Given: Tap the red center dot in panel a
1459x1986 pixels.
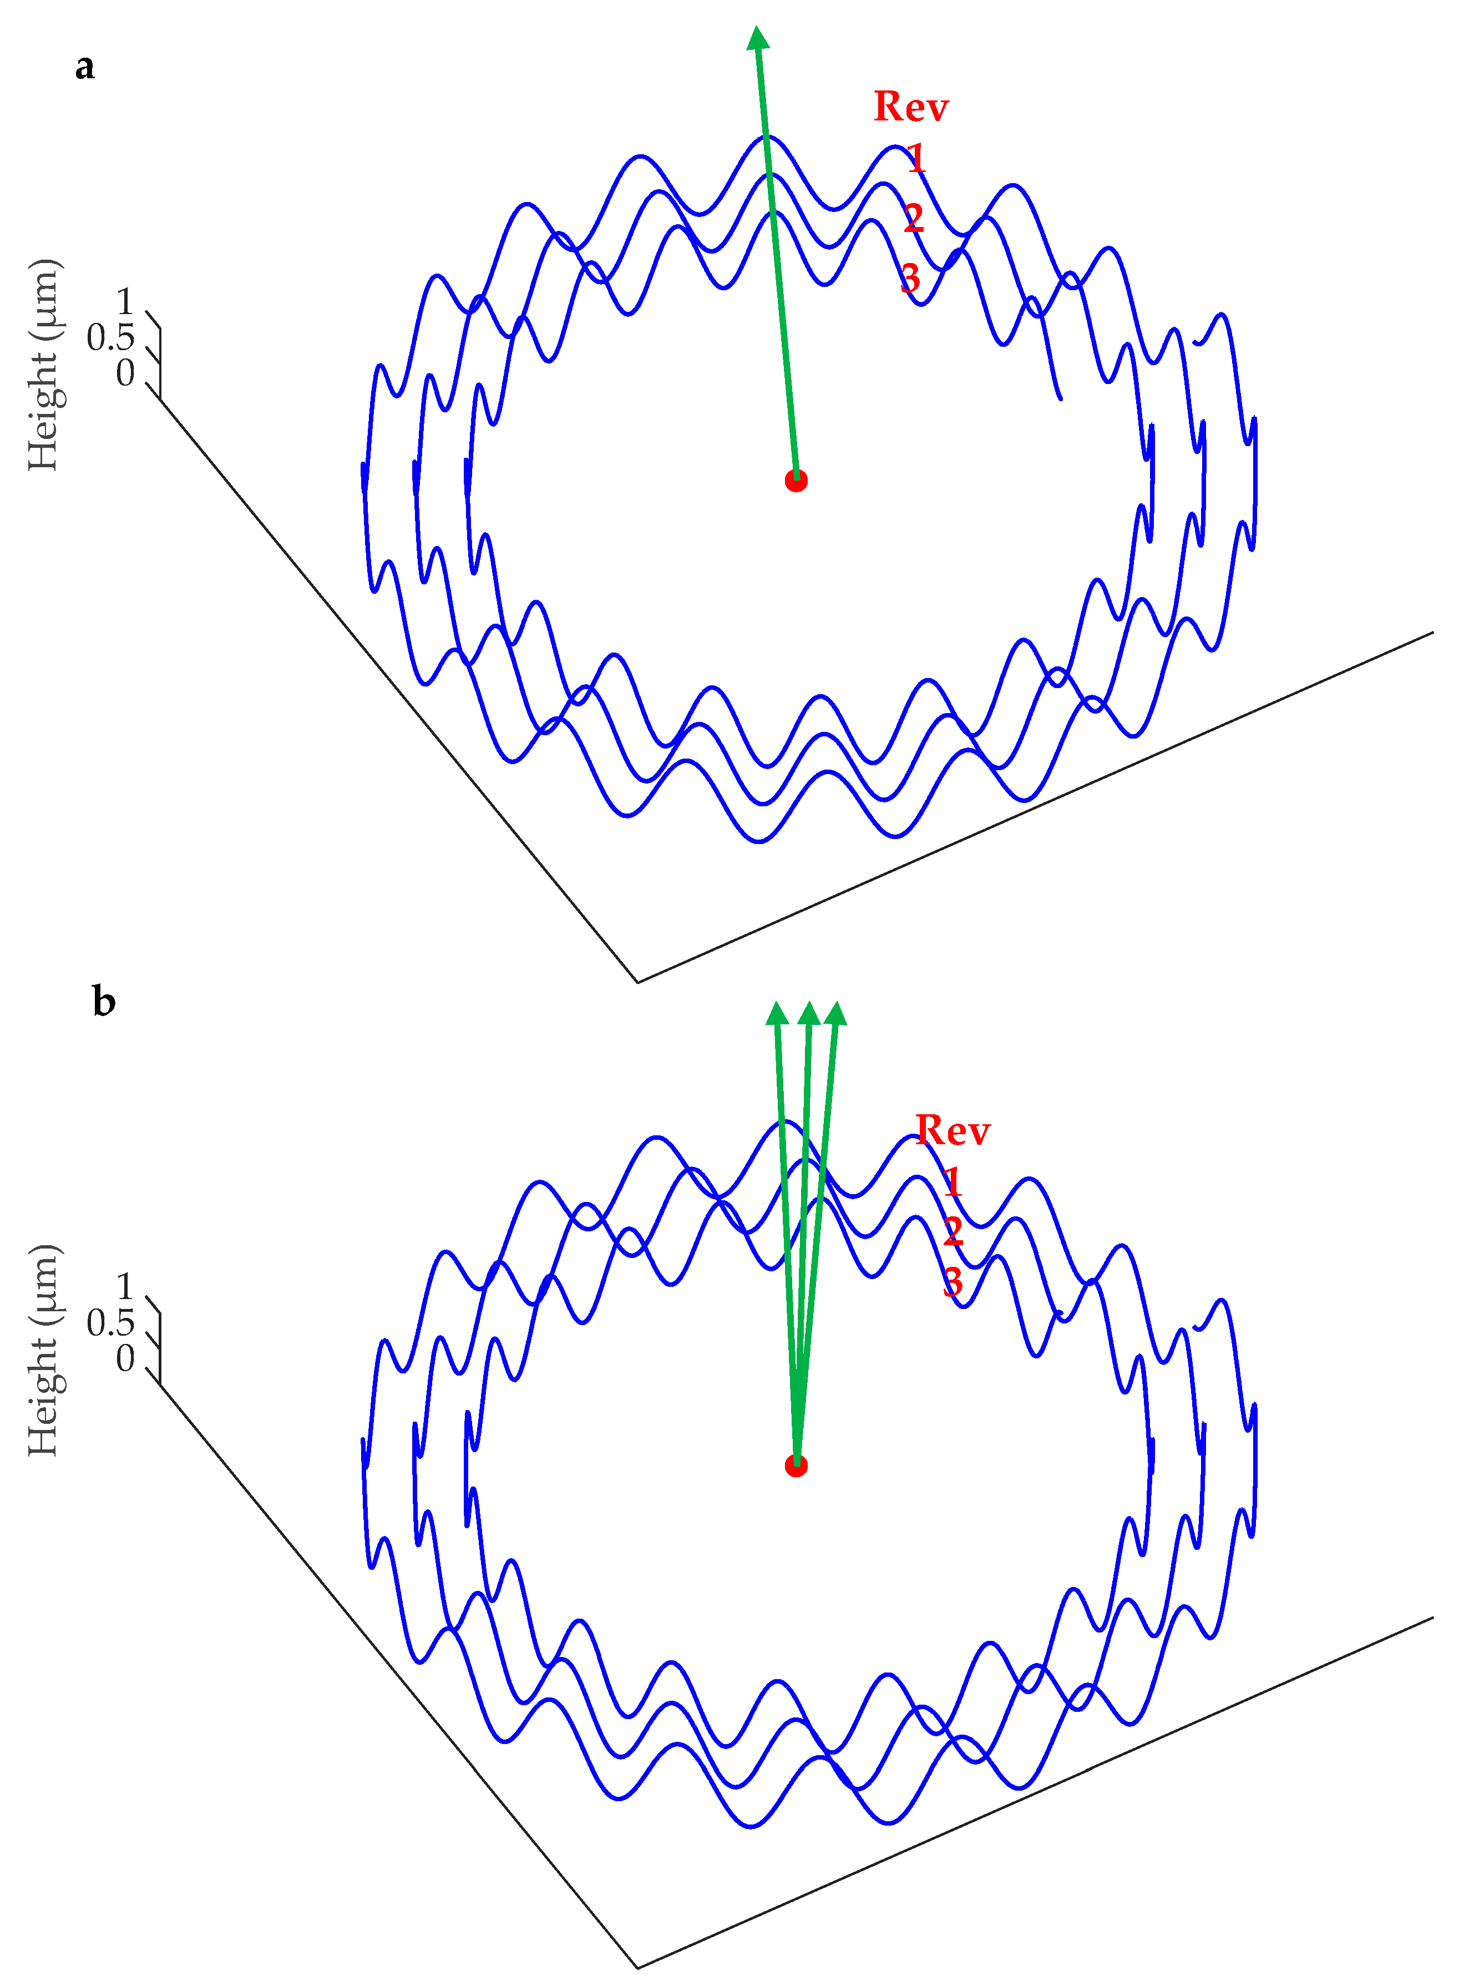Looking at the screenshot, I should pos(796,481).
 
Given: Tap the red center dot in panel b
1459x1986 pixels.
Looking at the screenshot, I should pos(796,1466).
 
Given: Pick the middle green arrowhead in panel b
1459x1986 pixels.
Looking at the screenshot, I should pos(808,1014).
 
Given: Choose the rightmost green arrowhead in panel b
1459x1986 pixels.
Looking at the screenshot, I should pos(835,1014).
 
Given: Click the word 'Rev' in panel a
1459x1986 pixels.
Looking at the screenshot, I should pos(910,107).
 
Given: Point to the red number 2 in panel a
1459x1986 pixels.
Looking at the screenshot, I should pos(913,218).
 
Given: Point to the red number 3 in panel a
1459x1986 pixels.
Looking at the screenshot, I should pos(910,279).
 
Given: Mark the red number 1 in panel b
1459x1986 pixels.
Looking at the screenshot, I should pos(951,1182).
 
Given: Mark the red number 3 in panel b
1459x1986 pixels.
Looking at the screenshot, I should pos(952,1282).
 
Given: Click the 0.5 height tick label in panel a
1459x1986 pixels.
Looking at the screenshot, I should pos(110,337).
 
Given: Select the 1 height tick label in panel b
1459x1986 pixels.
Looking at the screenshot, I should pos(125,1286).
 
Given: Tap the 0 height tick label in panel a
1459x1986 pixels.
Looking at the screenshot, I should pos(125,373).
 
